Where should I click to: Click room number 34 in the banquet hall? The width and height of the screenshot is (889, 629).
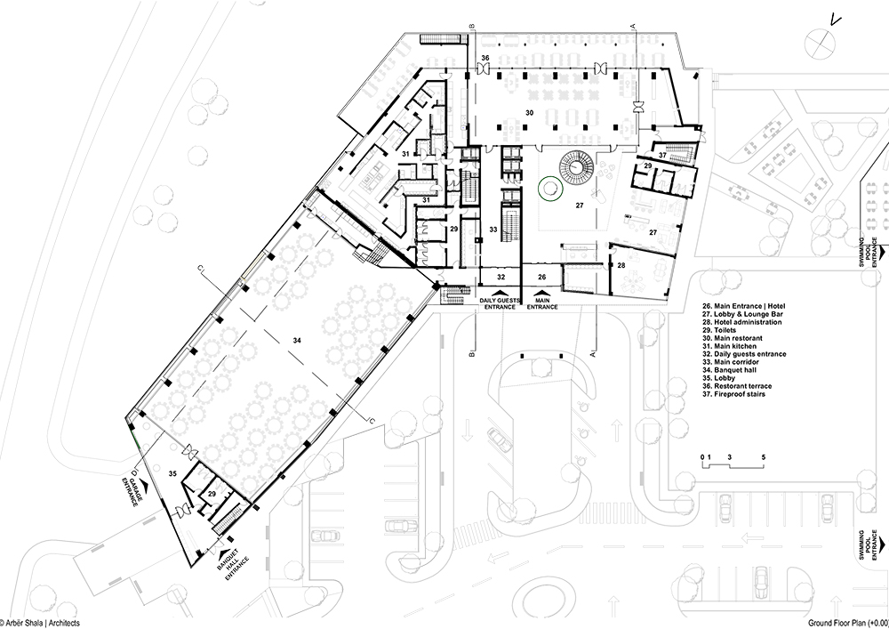pos(297,341)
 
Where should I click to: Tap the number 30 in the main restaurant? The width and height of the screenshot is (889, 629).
pos(529,113)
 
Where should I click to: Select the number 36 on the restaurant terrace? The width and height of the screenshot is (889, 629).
pos(485,58)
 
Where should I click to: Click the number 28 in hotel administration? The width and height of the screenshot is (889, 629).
pos(621,265)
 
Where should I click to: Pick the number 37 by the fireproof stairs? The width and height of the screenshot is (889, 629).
pos(663,155)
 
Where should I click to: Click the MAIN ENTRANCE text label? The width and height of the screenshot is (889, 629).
pos(542,303)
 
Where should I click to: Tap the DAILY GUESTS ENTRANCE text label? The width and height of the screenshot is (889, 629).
pos(500,303)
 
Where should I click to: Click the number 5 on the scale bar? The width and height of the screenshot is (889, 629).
pos(764,457)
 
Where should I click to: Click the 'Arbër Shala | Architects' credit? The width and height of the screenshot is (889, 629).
pos(40,623)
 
